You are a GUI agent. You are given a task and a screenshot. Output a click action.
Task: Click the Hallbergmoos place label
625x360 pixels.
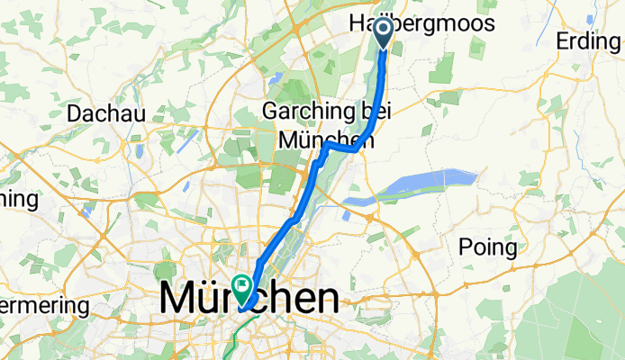coord(421,24)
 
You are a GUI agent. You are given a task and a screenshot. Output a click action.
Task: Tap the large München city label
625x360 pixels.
coord(249,300)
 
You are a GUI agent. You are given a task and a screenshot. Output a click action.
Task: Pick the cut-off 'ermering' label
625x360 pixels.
coord(44,307)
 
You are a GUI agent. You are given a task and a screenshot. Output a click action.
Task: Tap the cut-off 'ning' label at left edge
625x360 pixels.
coord(18,198)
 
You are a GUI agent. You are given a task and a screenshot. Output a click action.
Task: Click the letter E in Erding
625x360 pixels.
coord(565,41)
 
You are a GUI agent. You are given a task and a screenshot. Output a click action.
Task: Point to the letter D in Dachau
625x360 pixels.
coord(76,114)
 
